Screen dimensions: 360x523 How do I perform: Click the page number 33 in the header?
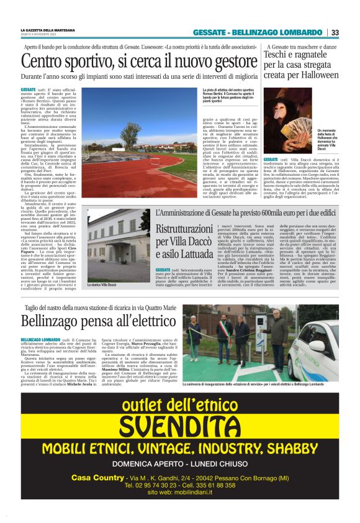click(x=335, y=33)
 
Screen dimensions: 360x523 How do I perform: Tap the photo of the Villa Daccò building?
click(x=117, y=245)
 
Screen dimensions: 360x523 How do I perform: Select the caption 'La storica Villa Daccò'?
click(x=104, y=284)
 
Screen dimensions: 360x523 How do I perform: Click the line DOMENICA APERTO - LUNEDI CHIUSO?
click(x=179, y=463)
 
